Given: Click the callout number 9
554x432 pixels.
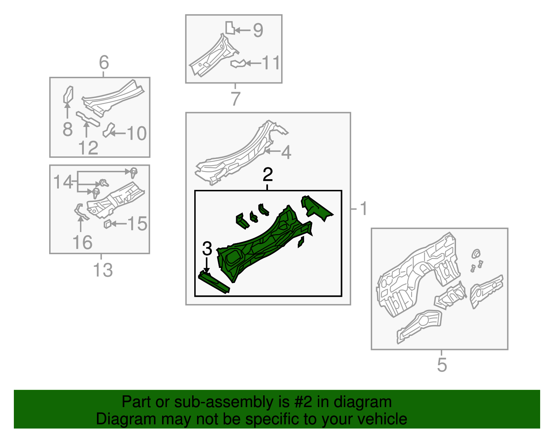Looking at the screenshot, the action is click(258, 30).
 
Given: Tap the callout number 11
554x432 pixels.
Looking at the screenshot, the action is click(271, 63).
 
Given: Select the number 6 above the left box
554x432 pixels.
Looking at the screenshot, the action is click(104, 62).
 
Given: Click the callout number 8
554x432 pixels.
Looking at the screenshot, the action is click(68, 129).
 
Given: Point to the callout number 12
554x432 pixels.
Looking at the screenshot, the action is click(88, 148).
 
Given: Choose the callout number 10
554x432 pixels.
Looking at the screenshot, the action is click(137, 133).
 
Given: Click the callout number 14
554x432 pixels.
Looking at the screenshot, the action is click(63, 182).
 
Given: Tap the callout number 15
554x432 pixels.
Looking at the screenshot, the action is click(137, 224).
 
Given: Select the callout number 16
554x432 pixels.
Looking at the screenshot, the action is click(82, 242).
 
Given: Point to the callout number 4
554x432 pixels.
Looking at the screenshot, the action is click(286, 152).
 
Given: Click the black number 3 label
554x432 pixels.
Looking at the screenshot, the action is click(207, 248).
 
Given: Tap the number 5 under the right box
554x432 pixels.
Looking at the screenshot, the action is click(442, 365).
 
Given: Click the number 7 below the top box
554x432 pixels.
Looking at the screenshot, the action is click(236, 99).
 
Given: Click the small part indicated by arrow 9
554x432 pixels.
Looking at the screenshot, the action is click(230, 28).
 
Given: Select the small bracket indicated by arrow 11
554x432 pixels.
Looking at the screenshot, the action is click(238, 64).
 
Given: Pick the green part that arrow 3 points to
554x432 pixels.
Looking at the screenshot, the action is click(214, 282).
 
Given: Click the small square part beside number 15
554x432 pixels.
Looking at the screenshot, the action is click(108, 224).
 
